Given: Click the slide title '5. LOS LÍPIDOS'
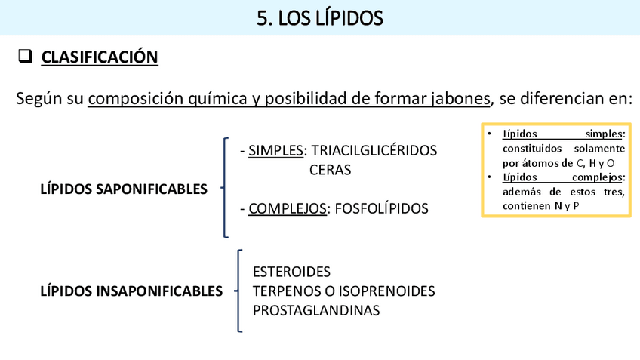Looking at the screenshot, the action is (320, 17).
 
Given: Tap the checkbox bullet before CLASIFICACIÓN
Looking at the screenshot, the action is (25, 57).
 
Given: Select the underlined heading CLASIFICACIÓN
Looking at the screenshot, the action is (100, 57).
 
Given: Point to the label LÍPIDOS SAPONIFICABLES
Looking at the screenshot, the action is (124, 189).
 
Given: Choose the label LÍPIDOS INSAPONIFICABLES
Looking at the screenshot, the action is (131, 291).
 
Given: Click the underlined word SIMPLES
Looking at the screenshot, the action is (275, 151).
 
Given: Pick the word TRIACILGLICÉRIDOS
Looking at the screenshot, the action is (374, 151).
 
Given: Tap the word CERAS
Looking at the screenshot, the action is (330, 170).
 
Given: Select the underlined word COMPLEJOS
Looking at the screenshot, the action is (287, 208).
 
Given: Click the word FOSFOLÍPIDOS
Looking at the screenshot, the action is (380, 208).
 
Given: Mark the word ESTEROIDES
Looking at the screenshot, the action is (291, 272).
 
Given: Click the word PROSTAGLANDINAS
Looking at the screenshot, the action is (316, 309).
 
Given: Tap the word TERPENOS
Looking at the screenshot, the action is (283, 291).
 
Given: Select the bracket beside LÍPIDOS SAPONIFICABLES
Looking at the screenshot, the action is (224, 187).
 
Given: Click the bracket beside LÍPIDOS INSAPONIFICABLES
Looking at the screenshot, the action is (238, 291).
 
